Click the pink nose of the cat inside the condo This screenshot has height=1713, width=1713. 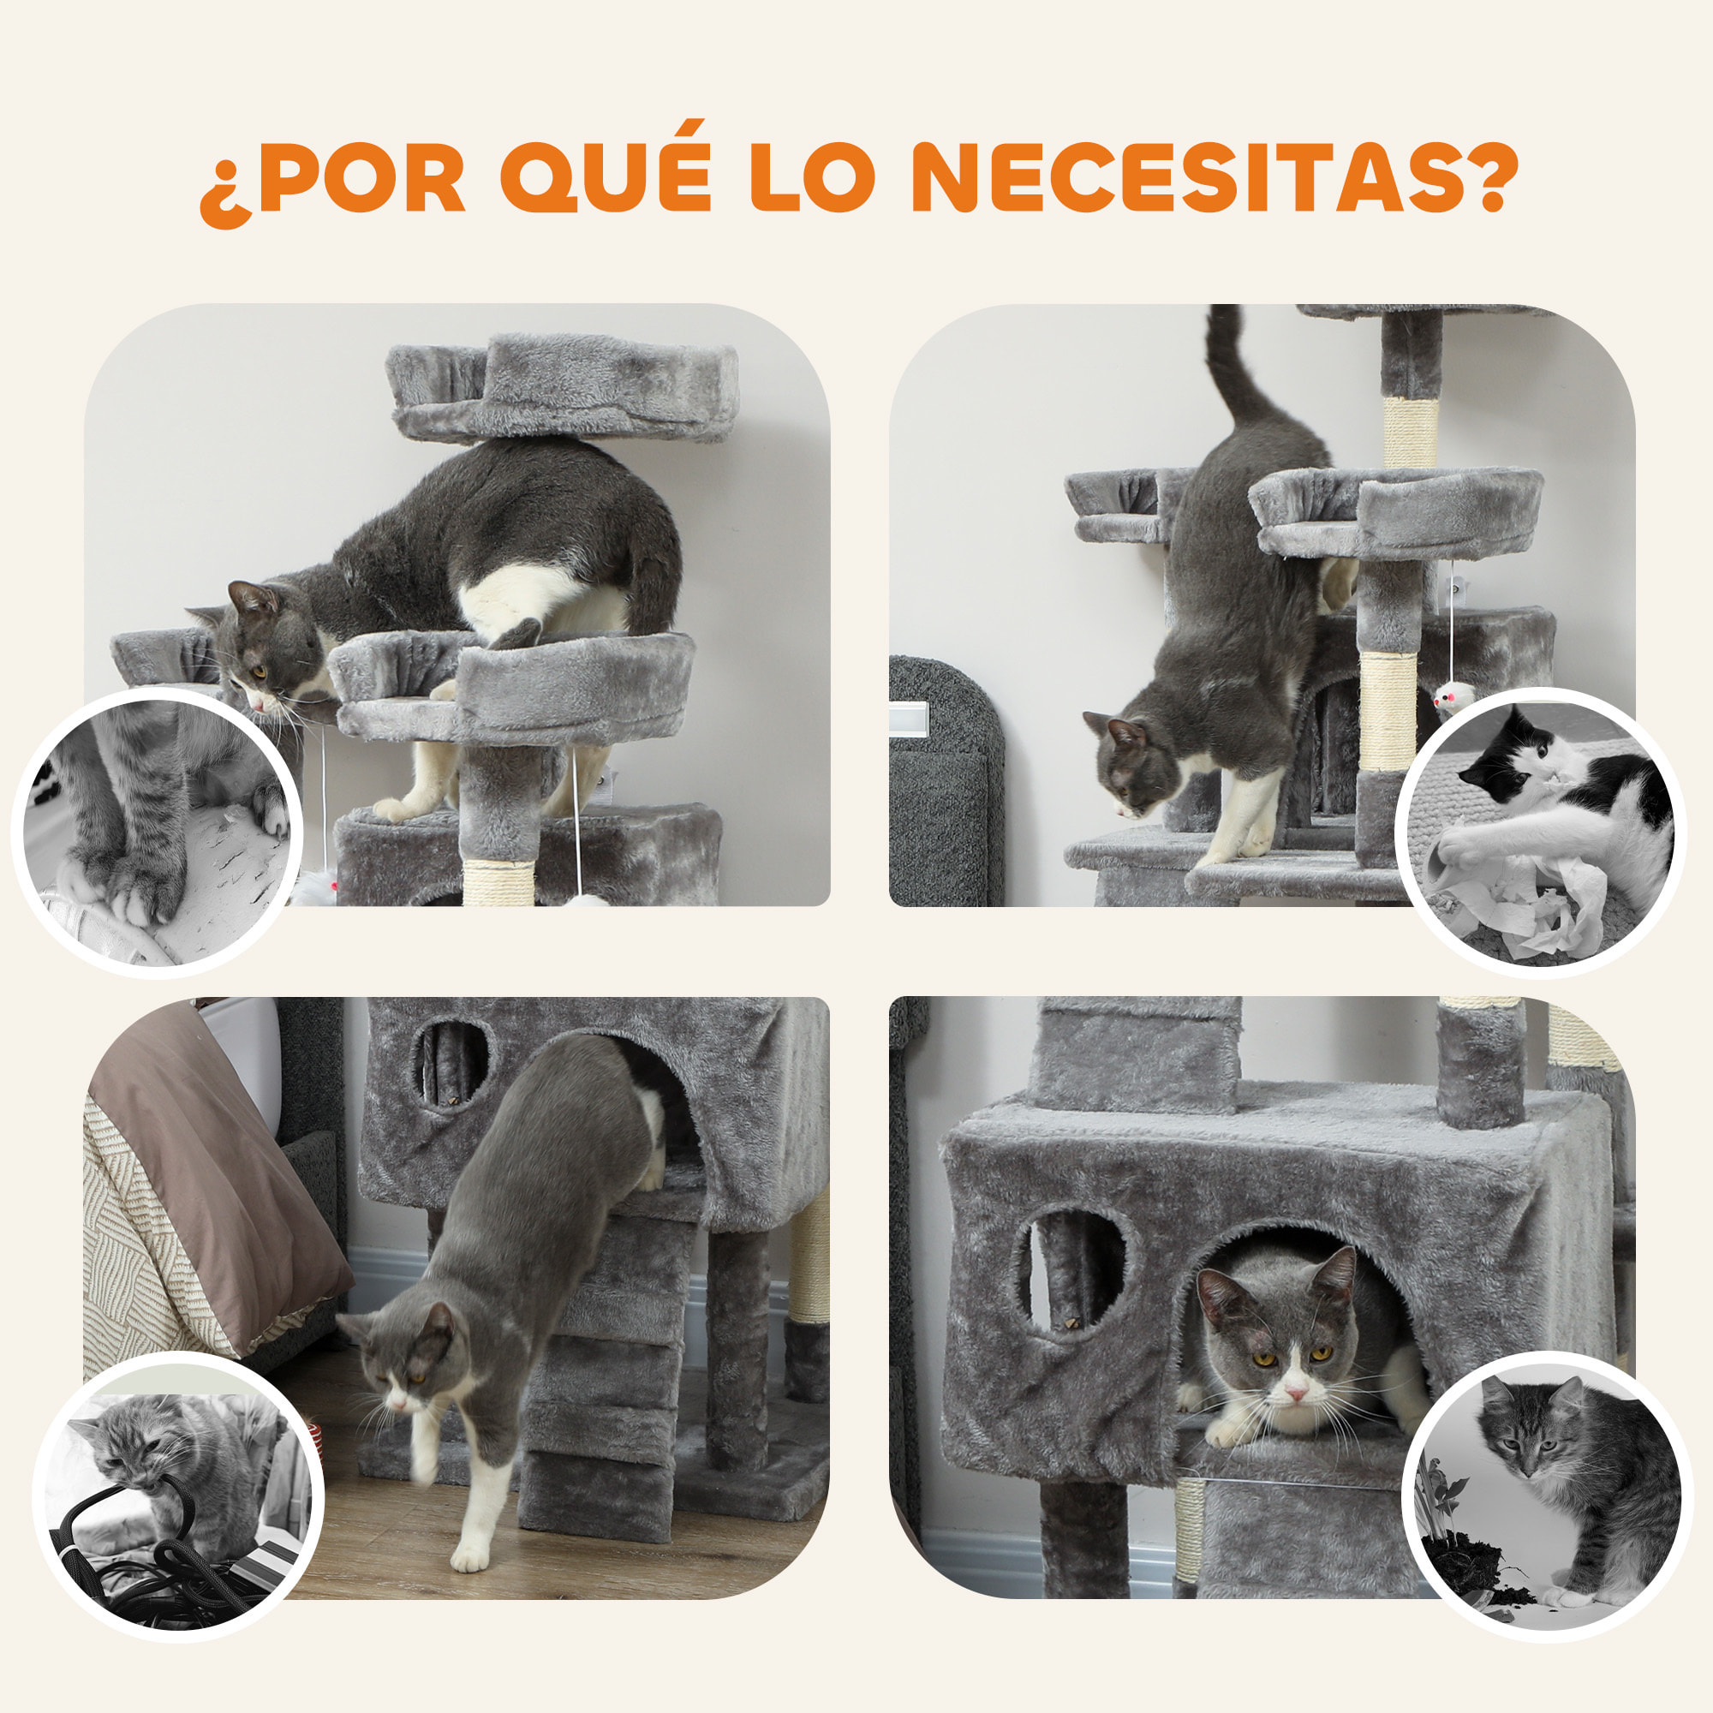click(1295, 1394)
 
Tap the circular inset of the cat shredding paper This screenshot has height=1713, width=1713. click(1541, 833)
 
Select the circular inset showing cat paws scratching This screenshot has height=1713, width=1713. click(158, 833)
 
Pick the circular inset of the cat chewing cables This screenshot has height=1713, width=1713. click(178, 1496)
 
